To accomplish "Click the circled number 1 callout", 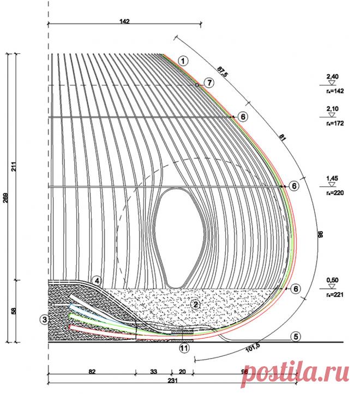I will [x=183, y=61].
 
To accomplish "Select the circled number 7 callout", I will [x=208, y=83].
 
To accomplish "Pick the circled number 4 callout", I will [x=97, y=280].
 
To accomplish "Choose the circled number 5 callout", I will [x=295, y=336].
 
